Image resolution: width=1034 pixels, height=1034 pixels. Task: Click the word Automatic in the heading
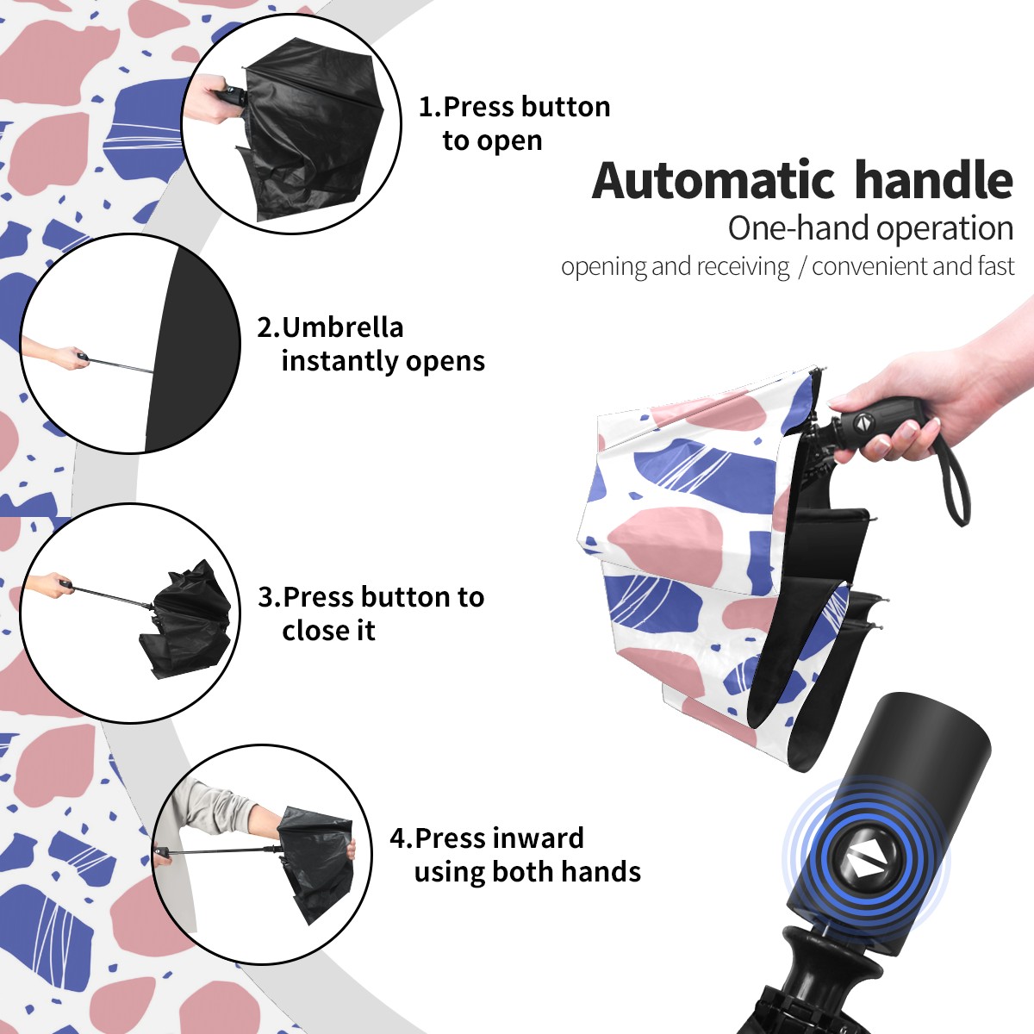point(713,181)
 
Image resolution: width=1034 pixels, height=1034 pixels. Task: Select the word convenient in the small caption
point(869,266)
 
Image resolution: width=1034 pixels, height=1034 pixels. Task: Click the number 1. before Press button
point(429,107)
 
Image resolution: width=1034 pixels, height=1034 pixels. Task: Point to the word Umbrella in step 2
point(342,327)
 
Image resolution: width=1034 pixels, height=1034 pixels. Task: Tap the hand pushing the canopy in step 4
point(351,850)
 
